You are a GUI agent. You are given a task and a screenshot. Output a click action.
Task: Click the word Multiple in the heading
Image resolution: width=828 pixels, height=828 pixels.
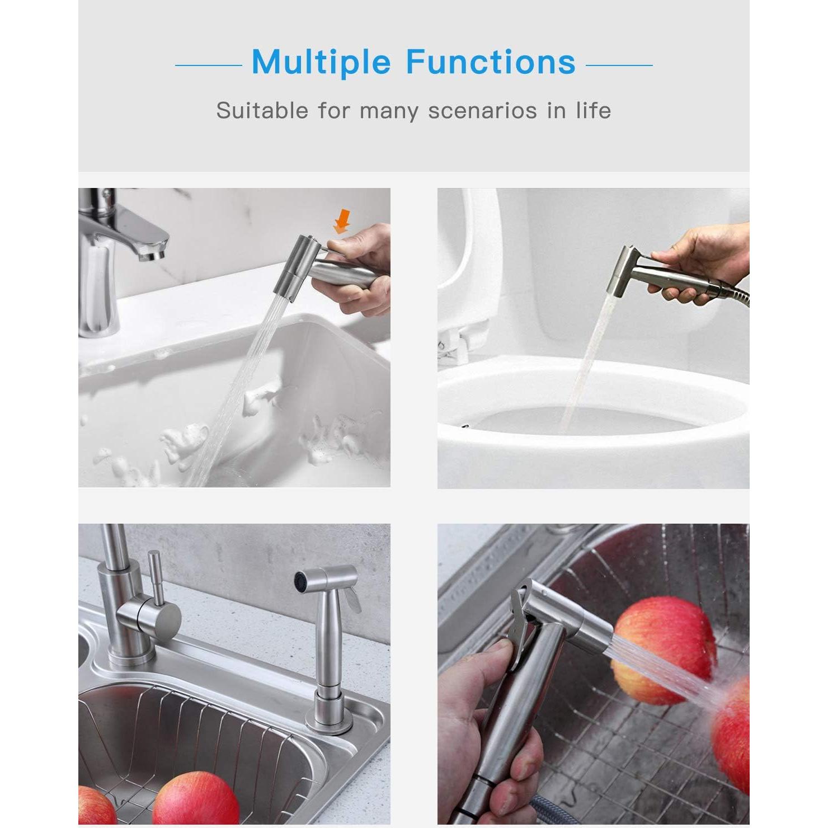(x=321, y=62)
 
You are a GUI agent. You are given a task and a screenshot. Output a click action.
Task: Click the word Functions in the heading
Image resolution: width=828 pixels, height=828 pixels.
(x=490, y=62)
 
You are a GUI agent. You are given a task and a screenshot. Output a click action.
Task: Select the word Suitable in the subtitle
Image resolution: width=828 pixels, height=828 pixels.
(x=262, y=110)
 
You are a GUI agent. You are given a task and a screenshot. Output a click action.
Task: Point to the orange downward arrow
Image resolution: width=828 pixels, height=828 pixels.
(x=341, y=221)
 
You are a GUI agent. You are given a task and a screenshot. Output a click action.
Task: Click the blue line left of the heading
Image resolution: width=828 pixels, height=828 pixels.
(x=208, y=65)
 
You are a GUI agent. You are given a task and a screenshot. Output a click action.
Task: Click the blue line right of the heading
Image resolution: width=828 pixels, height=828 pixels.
(x=619, y=65)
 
